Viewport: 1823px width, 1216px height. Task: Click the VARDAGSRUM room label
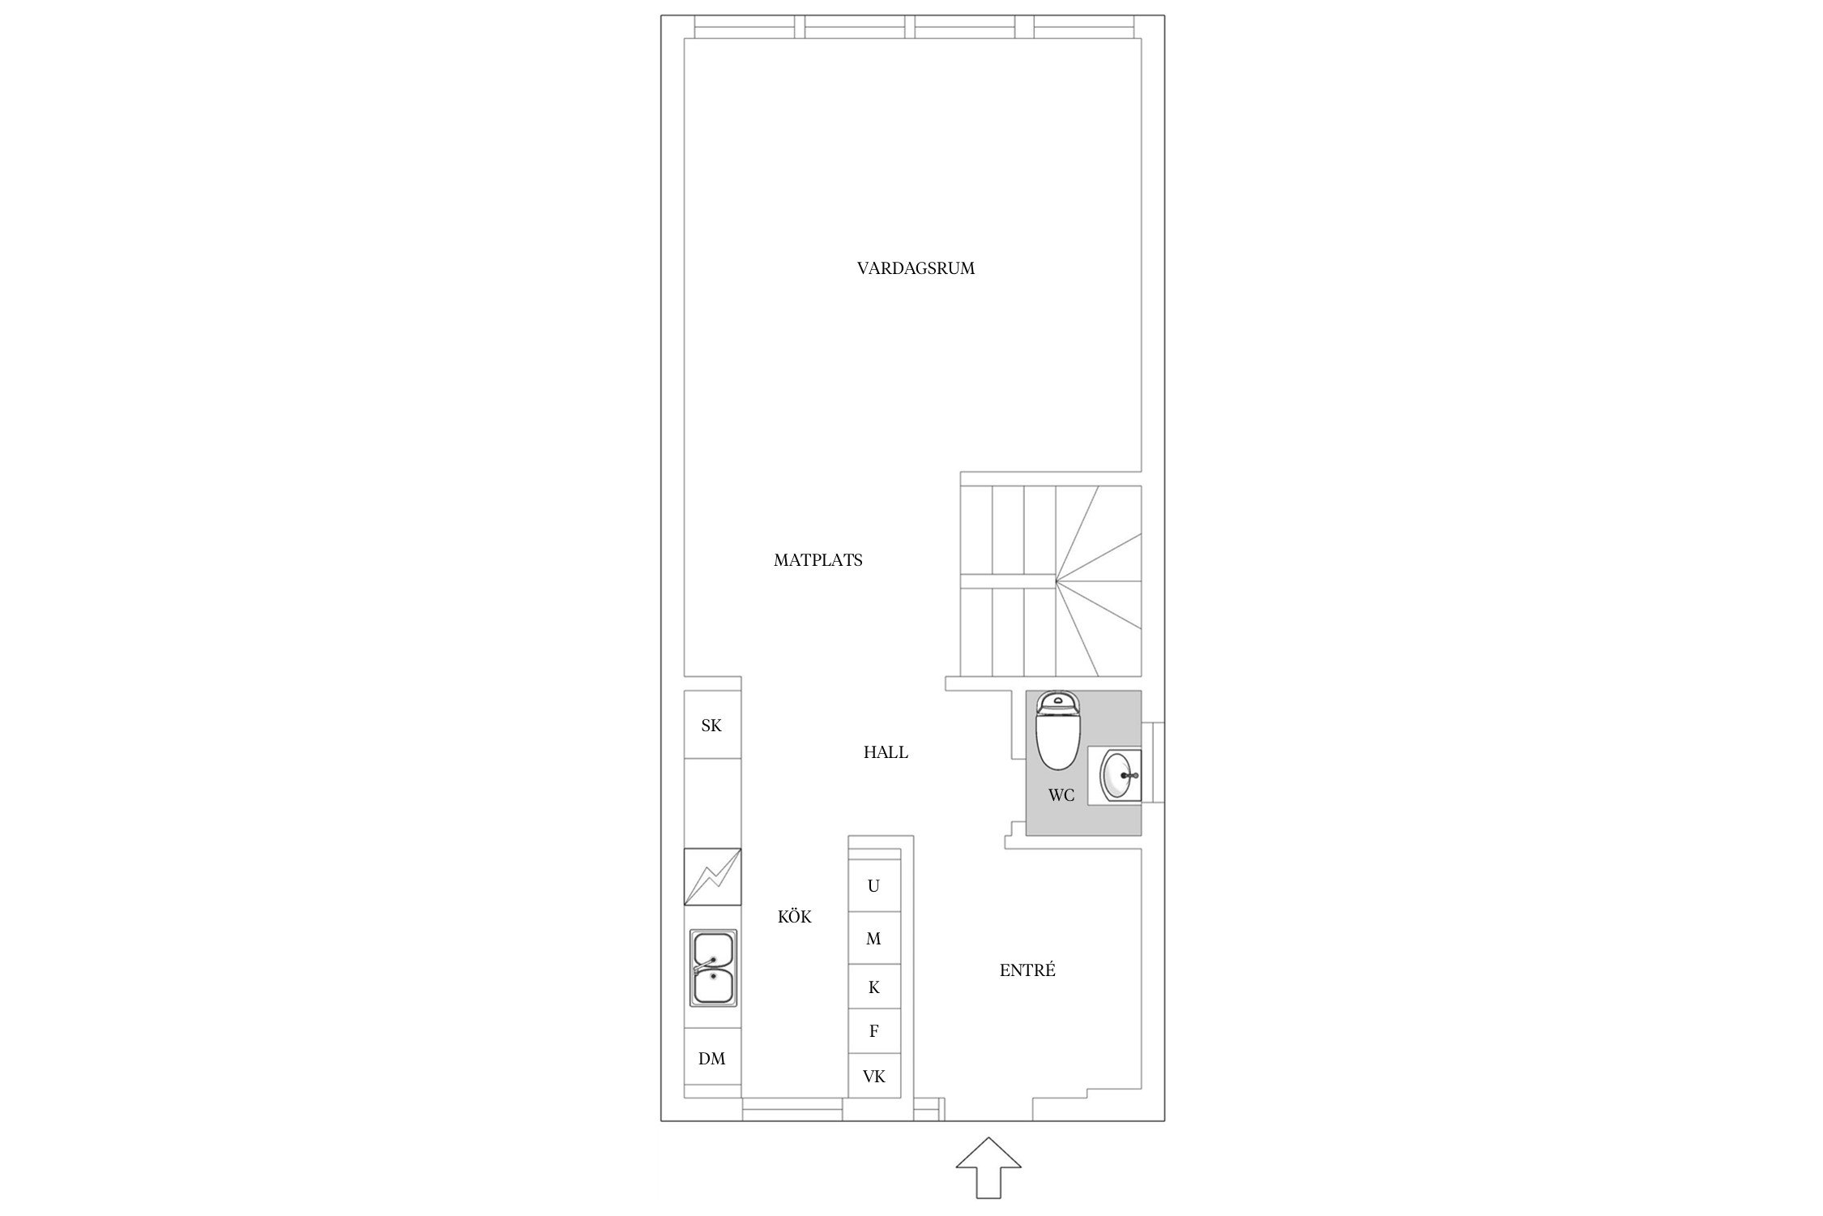click(x=916, y=268)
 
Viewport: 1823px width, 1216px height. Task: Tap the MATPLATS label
click(x=818, y=560)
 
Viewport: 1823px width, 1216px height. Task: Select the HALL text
click(x=886, y=752)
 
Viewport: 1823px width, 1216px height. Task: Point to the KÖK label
click(x=794, y=916)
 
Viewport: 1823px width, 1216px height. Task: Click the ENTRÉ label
click(x=1027, y=970)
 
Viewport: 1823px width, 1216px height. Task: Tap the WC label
click(x=1061, y=795)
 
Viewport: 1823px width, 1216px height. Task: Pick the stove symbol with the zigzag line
click(x=713, y=876)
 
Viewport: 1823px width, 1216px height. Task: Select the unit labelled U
click(x=874, y=885)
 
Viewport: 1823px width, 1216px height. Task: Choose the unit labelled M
click(x=874, y=938)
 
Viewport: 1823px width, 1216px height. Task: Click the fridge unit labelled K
click(x=874, y=987)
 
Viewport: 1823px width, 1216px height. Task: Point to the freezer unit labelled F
click(x=874, y=1031)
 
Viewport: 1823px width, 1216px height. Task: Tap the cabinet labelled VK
click(x=874, y=1076)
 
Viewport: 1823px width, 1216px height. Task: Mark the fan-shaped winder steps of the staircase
click(x=1099, y=580)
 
